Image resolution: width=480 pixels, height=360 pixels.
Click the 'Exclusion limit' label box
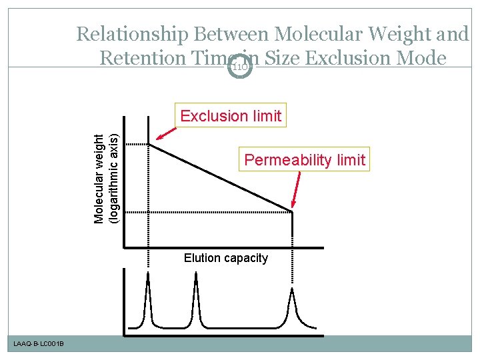[231, 116]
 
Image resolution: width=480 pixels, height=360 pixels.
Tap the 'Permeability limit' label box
[305, 160]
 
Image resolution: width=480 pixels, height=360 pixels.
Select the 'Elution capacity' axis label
[226, 258]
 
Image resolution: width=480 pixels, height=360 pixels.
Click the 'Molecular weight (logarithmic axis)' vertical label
[106, 179]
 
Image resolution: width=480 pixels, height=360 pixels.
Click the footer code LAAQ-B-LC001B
[38, 343]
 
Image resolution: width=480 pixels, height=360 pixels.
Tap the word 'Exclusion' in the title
[347, 59]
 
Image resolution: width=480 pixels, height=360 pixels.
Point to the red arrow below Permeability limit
[297, 190]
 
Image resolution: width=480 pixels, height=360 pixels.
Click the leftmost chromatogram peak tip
[148, 275]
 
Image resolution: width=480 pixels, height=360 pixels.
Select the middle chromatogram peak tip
[196, 275]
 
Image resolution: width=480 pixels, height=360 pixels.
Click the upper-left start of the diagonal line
[149, 144]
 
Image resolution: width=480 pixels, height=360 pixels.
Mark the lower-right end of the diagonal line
[293, 212]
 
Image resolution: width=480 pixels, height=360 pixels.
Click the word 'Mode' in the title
[421, 59]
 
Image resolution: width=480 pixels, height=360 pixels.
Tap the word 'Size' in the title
[283, 59]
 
